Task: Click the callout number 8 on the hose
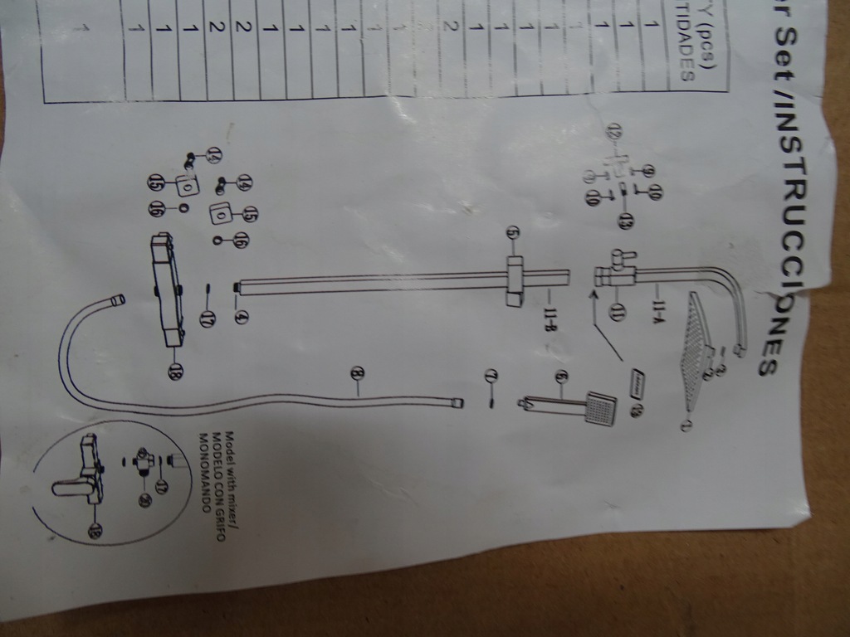pyautogui.click(x=358, y=374)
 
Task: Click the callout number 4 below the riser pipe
pyautogui.click(x=242, y=316)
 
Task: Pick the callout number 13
pyautogui.click(x=624, y=221)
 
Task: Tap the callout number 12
pyautogui.click(x=615, y=131)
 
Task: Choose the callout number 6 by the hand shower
pyautogui.click(x=561, y=377)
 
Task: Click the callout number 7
pyautogui.click(x=491, y=377)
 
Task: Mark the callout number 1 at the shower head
pyautogui.click(x=686, y=425)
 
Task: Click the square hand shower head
pyautogui.click(x=601, y=407)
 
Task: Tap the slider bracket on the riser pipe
pyautogui.click(x=515, y=282)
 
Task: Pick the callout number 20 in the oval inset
pyautogui.click(x=144, y=500)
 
